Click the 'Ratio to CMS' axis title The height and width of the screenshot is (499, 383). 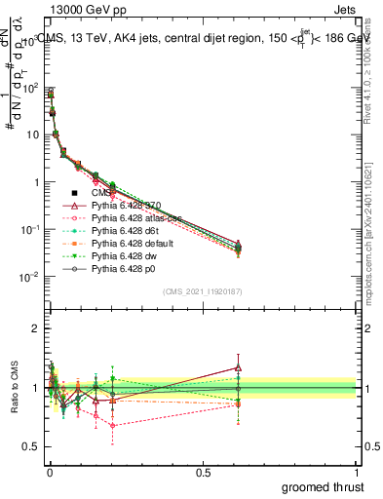12,389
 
